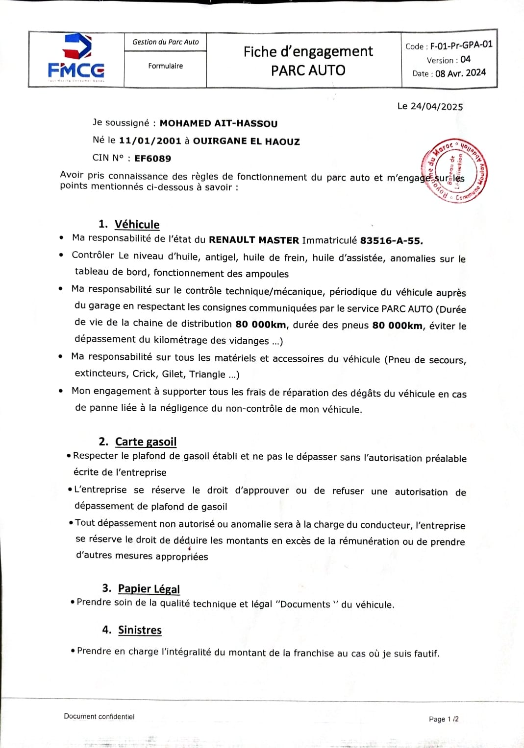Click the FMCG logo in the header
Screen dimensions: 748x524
pos(76,58)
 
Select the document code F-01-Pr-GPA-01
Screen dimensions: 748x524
pos(461,45)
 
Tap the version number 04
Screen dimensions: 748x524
pos(465,59)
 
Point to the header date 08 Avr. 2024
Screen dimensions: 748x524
pos(460,73)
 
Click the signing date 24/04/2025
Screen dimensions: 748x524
pos(437,107)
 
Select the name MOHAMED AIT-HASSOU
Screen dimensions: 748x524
pos(218,124)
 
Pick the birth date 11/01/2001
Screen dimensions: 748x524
pos(150,141)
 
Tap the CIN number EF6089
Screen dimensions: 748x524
pos(152,159)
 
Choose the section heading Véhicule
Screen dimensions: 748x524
pos(137,224)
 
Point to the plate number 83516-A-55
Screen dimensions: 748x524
pos(391,241)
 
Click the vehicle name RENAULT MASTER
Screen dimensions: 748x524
pos(254,240)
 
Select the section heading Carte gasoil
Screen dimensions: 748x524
pos(146,442)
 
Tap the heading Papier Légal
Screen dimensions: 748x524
pos(149,588)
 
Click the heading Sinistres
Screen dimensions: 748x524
pos(140,630)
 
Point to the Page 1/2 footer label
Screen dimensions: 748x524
pos(444,719)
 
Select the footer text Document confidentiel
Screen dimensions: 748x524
pos(99,717)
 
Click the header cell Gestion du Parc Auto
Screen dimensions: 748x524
pos(166,42)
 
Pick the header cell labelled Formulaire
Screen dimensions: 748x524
pos(166,66)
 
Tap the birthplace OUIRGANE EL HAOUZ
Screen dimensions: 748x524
pos(246,141)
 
